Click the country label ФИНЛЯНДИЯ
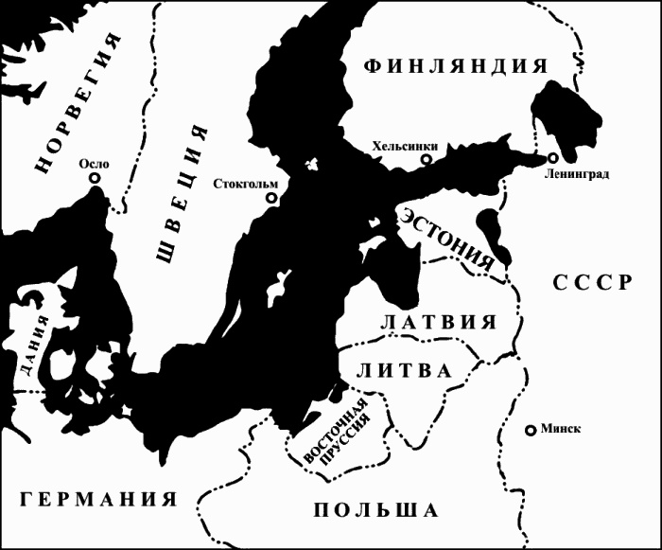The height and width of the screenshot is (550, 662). pos(455,65)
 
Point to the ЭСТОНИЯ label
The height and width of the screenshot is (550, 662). pos(448,236)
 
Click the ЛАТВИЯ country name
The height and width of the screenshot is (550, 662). pos(438,321)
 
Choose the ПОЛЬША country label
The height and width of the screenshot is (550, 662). pos(375,509)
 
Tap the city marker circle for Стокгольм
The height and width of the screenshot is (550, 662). pos(272,199)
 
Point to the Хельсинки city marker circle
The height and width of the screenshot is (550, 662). pos(427,160)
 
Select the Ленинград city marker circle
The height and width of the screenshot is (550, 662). pos(552,157)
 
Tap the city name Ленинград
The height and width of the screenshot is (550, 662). pos(578,174)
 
